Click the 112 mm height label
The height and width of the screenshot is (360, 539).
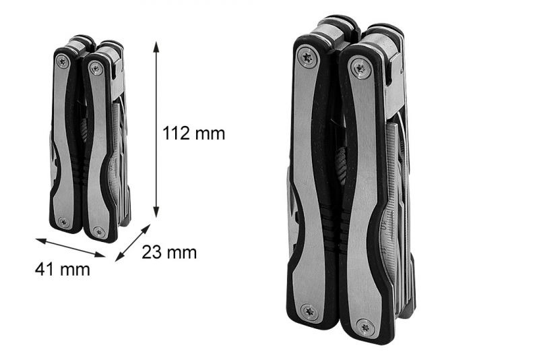(193, 133)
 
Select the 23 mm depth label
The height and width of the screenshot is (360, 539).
(169, 252)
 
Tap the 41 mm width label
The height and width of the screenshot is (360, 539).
(62, 269)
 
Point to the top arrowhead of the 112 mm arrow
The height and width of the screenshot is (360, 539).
(156, 47)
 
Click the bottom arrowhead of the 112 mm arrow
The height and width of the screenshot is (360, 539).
(156, 212)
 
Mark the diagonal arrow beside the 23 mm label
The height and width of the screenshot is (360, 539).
(133, 243)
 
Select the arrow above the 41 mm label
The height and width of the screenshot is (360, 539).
(70, 247)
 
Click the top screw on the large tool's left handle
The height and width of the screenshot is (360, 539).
(307, 57)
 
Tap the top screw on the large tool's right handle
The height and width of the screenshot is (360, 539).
(360, 68)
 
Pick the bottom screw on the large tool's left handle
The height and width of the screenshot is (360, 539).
(309, 311)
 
